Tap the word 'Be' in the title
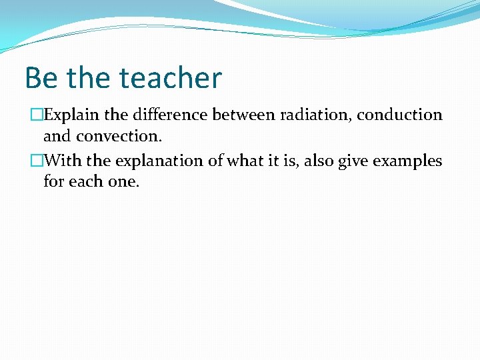coord(40,78)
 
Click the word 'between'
coord(243,115)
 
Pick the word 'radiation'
coord(316,115)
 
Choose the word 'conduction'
coord(399,115)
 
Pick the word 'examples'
coord(409,161)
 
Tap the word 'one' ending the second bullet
coord(123,182)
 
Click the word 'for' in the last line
coord(53,182)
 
